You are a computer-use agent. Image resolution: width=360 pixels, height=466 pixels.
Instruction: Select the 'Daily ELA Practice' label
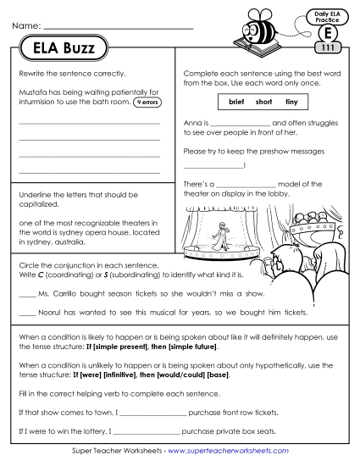point(327,17)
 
